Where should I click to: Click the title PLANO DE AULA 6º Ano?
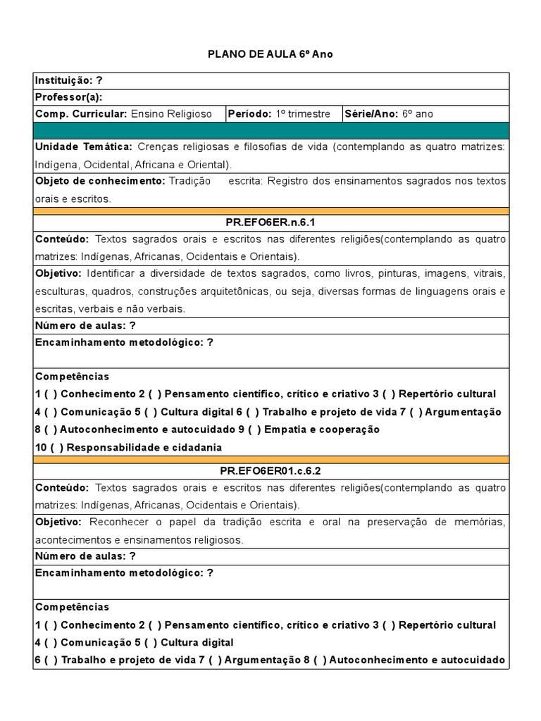[270, 54]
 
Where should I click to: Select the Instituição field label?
[64, 80]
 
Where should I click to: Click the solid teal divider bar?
[270, 130]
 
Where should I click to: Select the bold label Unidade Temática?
[83, 146]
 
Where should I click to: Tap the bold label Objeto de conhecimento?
[99, 181]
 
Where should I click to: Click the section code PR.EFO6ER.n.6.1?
[270, 222]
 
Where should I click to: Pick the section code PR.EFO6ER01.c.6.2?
[270, 470]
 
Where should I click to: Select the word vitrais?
[489, 273]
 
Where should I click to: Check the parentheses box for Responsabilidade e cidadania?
[52, 447]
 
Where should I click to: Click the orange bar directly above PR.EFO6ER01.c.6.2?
[270, 458]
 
